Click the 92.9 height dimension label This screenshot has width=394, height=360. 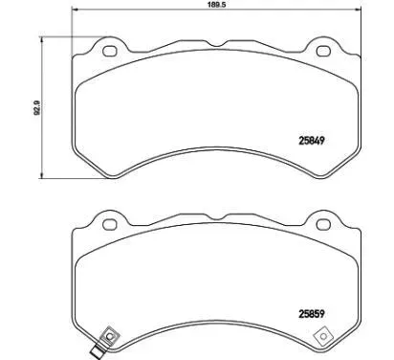[37, 107]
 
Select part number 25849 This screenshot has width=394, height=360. [312, 140]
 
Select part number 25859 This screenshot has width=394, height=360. [312, 314]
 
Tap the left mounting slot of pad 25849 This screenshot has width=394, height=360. [109, 51]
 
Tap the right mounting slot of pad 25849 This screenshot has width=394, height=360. [323, 51]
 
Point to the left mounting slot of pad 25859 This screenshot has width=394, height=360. [109, 224]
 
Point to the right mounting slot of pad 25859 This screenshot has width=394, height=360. [323, 224]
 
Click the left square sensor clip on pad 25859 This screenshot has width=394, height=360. [110, 336]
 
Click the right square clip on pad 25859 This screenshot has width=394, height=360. [323, 336]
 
